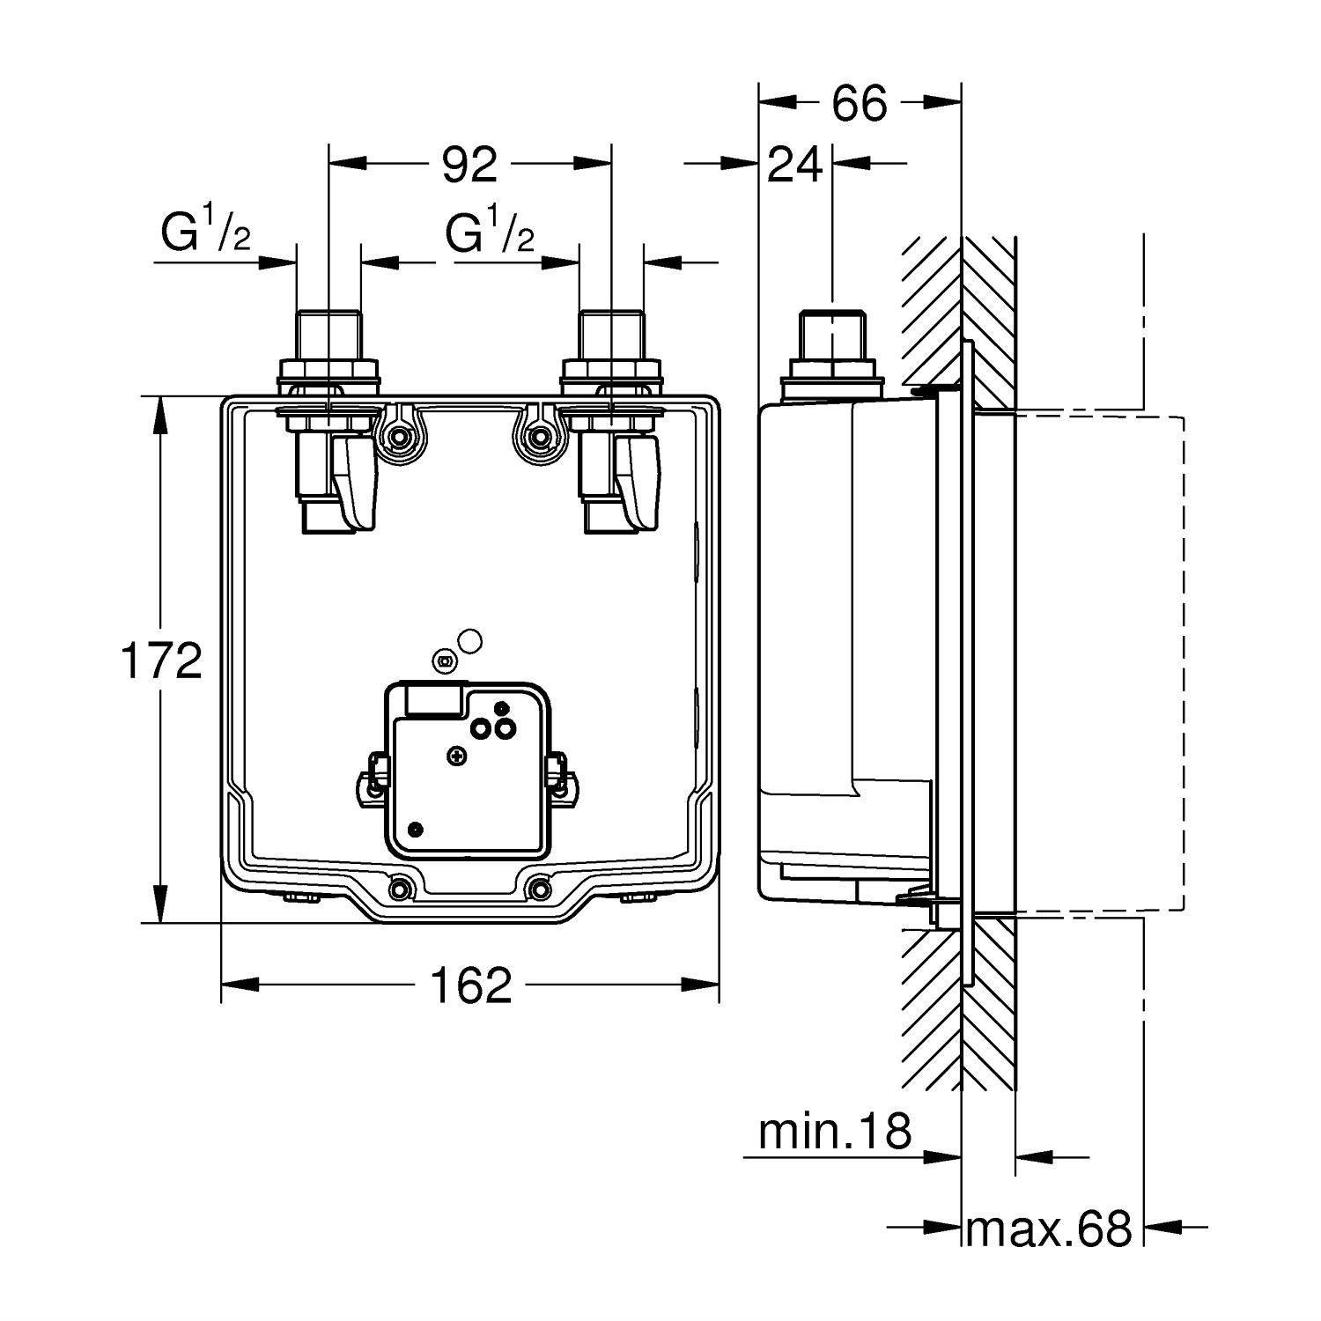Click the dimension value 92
pos(469,165)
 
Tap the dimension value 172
pos(160,661)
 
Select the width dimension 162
pos(470,985)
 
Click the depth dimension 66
pos(860,104)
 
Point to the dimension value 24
pos(795,165)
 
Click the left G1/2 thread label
pos(205,233)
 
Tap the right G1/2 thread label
pos(490,233)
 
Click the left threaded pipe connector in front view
pos(328,339)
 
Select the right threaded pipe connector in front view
pos(610,339)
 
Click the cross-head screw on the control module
pos(456,755)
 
